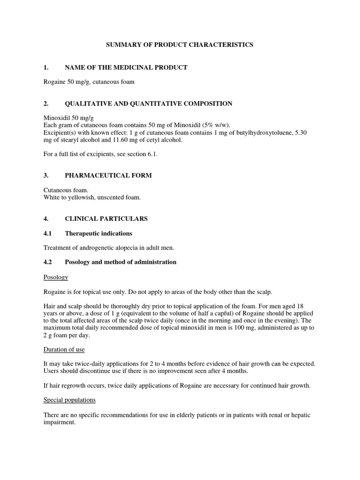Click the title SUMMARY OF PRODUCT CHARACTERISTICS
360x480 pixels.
pyautogui.click(x=180, y=45)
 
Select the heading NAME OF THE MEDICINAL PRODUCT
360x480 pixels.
pyautogui.click(x=126, y=67)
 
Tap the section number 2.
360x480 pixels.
pyautogui.click(x=45, y=104)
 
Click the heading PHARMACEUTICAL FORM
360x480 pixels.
pyautogui.click(x=108, y=175)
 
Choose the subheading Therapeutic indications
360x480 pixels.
pyautogui.click(x=98, y=233)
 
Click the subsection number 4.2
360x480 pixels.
pyautogui.click(x=47, y=262)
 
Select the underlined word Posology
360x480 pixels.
pyautogui.click(x=56, y=277)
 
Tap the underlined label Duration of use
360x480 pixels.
pyautogui.click(x=64, y=350)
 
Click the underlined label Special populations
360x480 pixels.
pyautogui.click(x=69, y=400)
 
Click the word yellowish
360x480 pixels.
pyautogui.click(x=79, y=197)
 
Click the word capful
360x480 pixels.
pyautogui.click(x=228, y=313)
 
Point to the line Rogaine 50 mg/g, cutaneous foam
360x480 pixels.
pyautogui.click(x=89, y=82)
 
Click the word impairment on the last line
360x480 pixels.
pyautogui.click(x=60, y=422)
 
